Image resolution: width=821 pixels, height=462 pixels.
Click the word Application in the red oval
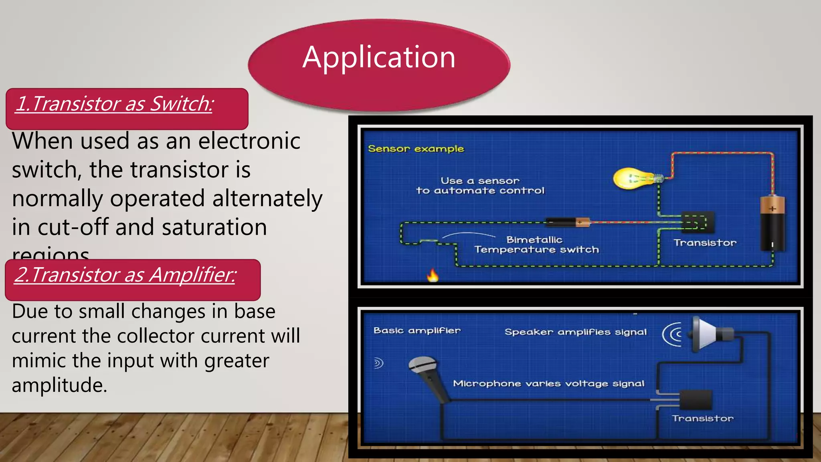(x=379, y=57)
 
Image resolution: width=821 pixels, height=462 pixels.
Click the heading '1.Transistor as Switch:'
(x=114, y=103)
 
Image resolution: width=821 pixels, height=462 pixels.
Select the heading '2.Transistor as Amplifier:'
(x=125, y=275)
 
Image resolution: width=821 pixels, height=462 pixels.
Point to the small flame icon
(x=433, y=275)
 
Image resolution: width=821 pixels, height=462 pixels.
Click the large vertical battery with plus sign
(x=772, y=224)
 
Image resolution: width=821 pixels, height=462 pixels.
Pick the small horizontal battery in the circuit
(x=567, y=222)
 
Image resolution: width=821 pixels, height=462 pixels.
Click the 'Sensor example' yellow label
(x=416, y=149)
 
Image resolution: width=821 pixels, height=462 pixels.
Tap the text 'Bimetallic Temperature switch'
(x=536, y=245)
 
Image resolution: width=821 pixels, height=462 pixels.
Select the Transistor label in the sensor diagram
(x=705, y=243)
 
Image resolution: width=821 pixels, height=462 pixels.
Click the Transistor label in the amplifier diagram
(x=703, y=418)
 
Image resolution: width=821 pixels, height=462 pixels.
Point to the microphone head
(x=422, y=365)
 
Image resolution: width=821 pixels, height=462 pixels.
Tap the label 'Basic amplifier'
(x=417, y=330)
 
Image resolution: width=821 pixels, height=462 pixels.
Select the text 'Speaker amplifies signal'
(x=575, y=332)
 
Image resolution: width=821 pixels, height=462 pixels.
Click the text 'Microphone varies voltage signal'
(x=548, y=383)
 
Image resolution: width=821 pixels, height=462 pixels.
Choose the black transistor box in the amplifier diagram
(x=696, y=400)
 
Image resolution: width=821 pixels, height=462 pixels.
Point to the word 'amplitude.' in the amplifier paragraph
(x=59, y=385)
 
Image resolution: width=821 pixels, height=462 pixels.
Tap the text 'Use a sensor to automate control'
(x=480, y=186)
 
